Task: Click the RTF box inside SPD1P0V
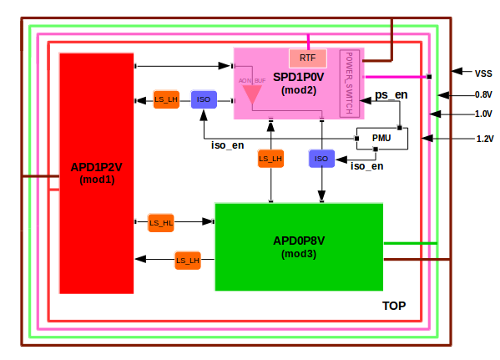pyautogui.click(x=307, y=58)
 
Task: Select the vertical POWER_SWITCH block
pyautogui.click(x=350, y=83)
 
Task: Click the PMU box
pyautogui.click(x=381, y=138)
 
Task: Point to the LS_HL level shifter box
pyautogui.click(x=161, y=222)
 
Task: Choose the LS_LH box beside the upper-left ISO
pyautogui.click(x=166, y=99)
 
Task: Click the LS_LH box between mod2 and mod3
pyautogui.click(x=270, y=158)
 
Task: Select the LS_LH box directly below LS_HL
pyautogui.click(x=188, y=261)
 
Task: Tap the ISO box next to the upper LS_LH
pyautogui.click(x=204, y=99)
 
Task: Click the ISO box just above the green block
pyautogui.click(x=322, y=158)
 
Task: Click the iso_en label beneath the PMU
pyautogui.click(x=367, y=166)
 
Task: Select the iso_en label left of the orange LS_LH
pyautogui.click(x=228, y=146)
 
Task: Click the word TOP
pyautogui.click(x=393, y=307)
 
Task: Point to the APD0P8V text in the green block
pyautogui.click(x=299, y=241)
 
